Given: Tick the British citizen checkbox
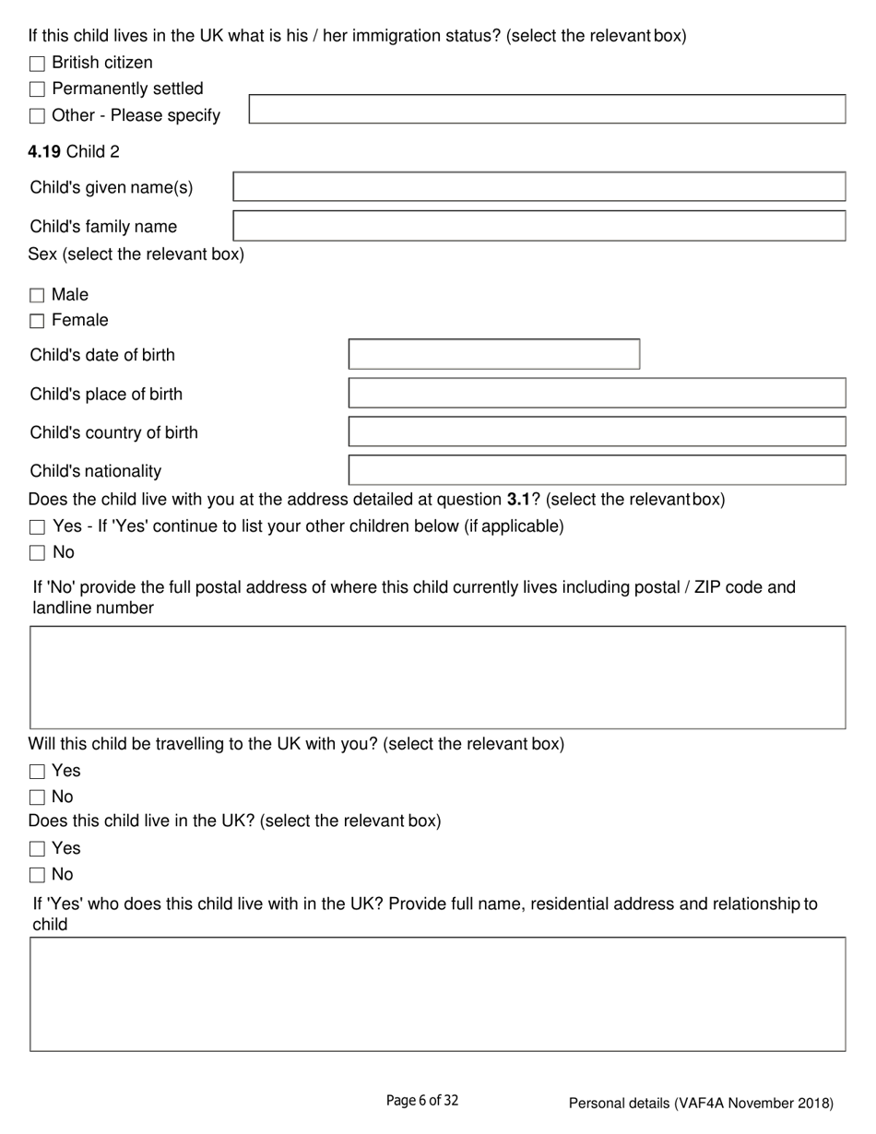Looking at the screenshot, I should (x=37, y=64).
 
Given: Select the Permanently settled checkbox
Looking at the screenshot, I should (x=37, y=89).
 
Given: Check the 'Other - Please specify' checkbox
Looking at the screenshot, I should (x=37, y=116).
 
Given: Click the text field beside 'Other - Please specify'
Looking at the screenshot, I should (x=547, y=109).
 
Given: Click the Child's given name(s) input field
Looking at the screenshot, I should (x=539, y=187).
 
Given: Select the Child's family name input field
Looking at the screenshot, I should (x=539, y=226).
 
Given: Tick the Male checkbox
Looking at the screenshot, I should (x=37, y=295).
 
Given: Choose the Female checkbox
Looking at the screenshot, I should (x=37, y=321).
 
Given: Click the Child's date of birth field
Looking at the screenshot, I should (x=493, y=355).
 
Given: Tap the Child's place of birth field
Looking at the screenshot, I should (x=597, y=394).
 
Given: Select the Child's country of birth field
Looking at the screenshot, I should (x=597, y=432).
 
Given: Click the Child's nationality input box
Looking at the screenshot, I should (x=597, y=470).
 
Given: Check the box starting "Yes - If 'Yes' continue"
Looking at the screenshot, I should (x=37, y=527).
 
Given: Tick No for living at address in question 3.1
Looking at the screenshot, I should (x=37, y=553).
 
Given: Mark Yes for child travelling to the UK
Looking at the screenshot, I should (x=37, y=771).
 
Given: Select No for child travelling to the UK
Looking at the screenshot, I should (x=37, y=797).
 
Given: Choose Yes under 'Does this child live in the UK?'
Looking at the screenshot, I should (x=37, y=848).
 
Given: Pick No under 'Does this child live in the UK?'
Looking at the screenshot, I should (x=37, y=874).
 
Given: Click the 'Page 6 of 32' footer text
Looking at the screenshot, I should (x=421, y=1100).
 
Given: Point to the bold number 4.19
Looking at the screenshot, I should (x=45, y=151).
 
